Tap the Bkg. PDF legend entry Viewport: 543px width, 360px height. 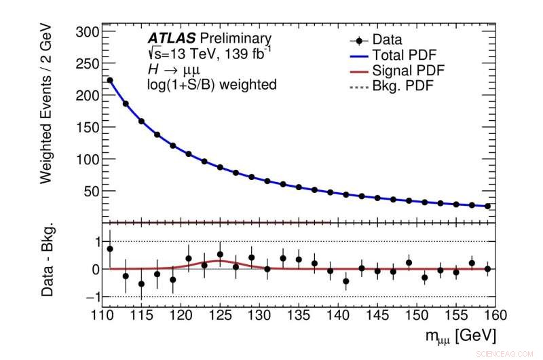[394, 86]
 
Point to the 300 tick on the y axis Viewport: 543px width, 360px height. [86, 32]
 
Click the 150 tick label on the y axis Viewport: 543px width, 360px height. [86, 128]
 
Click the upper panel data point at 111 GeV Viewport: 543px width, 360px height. [110, 80]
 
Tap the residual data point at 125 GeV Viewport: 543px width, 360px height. [220, 255]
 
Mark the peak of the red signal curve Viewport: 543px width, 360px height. [220, 261]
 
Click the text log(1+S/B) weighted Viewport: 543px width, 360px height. [212, 85]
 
